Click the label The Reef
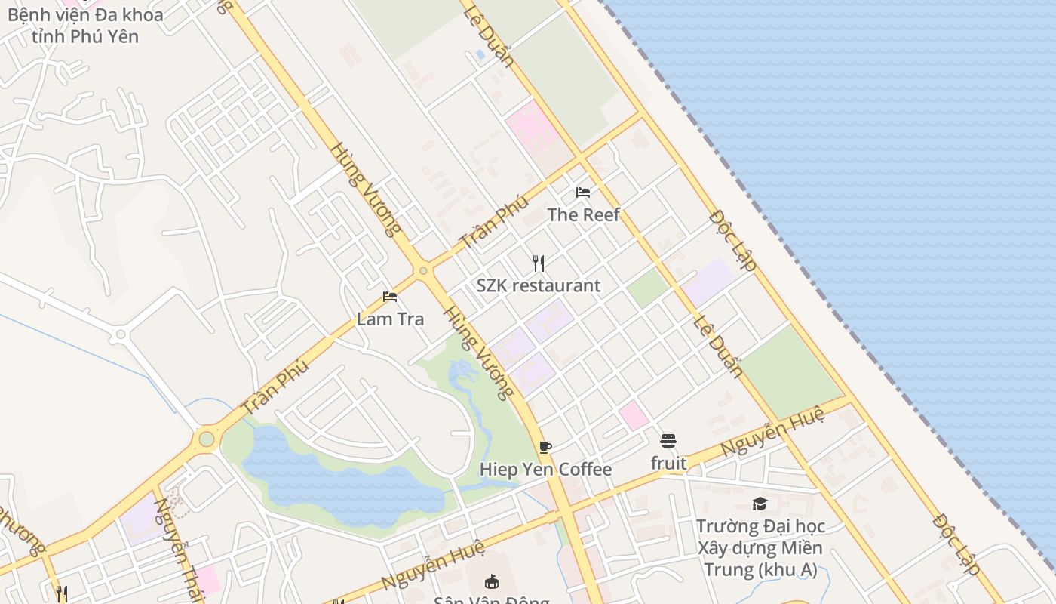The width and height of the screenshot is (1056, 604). pyautogui.click(x=584, y=214)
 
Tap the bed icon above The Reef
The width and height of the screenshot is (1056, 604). pyautogui.click(x=583, y=193)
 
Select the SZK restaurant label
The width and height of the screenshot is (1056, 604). pyautogui.click(x=539, y=285)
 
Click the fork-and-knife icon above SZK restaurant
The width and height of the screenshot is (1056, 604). pyautogui.click(x=539, y=263)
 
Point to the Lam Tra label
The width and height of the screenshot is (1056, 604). pyautogui.click(x=390, y=319)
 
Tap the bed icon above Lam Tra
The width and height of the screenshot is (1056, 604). pyautogui.click(x=390, y=297)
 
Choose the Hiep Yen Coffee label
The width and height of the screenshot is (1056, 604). pyautogui.click(x=545, y=470)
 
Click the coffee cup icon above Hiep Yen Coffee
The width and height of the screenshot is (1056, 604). pyautogui.click(x=545, y=447)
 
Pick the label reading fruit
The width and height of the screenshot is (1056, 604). pyautogui.click(x=668, y=463)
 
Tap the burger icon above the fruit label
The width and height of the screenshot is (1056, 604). pyautogui.click(x=668, y=440)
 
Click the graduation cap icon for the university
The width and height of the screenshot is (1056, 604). pyautogui.click(x=760, y=504)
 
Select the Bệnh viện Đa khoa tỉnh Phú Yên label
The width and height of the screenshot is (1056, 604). pyautogui.click(x=84, y=25)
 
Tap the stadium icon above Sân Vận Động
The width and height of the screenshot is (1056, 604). pyautogui.click(x=492, y=581)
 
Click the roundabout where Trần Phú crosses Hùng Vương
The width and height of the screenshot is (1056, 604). pyautogui.click(x=423, y=270)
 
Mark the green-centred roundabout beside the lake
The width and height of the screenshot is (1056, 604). pyautogui.click(x=206, y=439)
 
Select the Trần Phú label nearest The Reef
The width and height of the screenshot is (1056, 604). pyautogui.click(x=493, y=222)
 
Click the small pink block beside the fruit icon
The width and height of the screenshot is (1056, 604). pyautogui.click(x=634, y=415)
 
